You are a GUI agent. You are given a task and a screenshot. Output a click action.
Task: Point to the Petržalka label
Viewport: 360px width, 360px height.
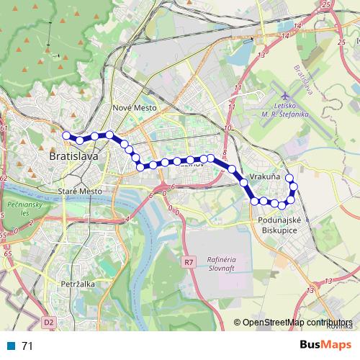click(78, 284)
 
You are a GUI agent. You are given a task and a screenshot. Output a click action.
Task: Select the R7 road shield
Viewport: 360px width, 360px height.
click(189, 261)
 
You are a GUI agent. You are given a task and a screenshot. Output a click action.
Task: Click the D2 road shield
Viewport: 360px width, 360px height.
click(48, 323)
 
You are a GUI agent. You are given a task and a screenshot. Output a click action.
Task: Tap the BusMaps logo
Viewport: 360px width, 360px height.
click(325, 346)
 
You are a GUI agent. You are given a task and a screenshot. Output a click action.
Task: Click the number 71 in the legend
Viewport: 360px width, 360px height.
click(27, 346)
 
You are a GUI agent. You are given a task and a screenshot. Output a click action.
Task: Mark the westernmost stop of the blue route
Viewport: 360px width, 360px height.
click(66, 135)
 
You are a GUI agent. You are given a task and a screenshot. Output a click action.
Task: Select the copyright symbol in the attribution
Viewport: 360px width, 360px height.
click(237, 323)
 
